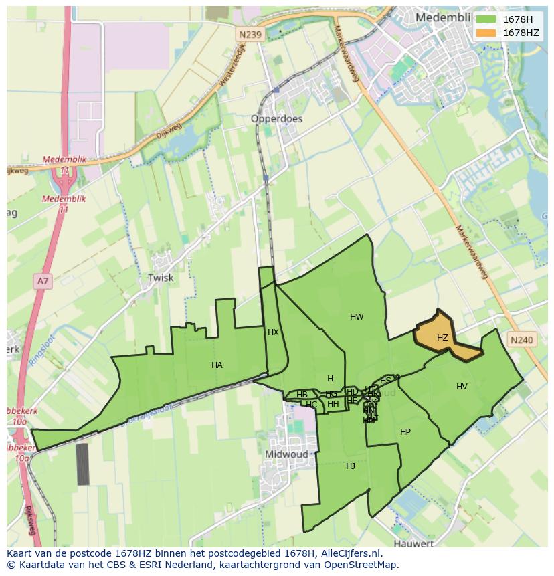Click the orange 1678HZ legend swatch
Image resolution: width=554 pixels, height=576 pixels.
(x=486, y=33)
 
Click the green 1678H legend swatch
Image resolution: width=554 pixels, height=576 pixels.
(x=486, y=19)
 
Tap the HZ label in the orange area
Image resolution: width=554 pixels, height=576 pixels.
(x=442, y=338)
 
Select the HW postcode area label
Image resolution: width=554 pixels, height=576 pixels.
(x=357, y=317)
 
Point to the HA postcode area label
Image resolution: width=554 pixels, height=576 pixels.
(x=217, y=365)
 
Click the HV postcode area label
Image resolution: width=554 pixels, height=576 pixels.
(x=462, y=387)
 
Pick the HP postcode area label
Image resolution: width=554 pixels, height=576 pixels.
(x=405, y=432)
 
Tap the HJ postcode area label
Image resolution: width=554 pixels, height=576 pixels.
(x=351, y=466)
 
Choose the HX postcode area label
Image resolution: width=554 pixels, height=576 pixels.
(x=273, y=332)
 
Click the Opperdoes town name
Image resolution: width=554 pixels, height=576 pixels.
(x=276, y=119)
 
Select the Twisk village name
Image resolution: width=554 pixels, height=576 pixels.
(x=161, y=278)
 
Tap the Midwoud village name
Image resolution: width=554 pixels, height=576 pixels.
(x=286, y=454)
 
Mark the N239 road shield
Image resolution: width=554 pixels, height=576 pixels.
(x=249, y=33)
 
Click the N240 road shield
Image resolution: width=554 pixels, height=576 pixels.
(x=521, y=340)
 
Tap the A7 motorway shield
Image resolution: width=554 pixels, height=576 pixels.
(x=43, y=281)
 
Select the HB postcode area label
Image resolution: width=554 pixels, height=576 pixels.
(x=302, y=395)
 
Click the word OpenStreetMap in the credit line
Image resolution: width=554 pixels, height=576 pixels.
(x=359, y=565)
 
